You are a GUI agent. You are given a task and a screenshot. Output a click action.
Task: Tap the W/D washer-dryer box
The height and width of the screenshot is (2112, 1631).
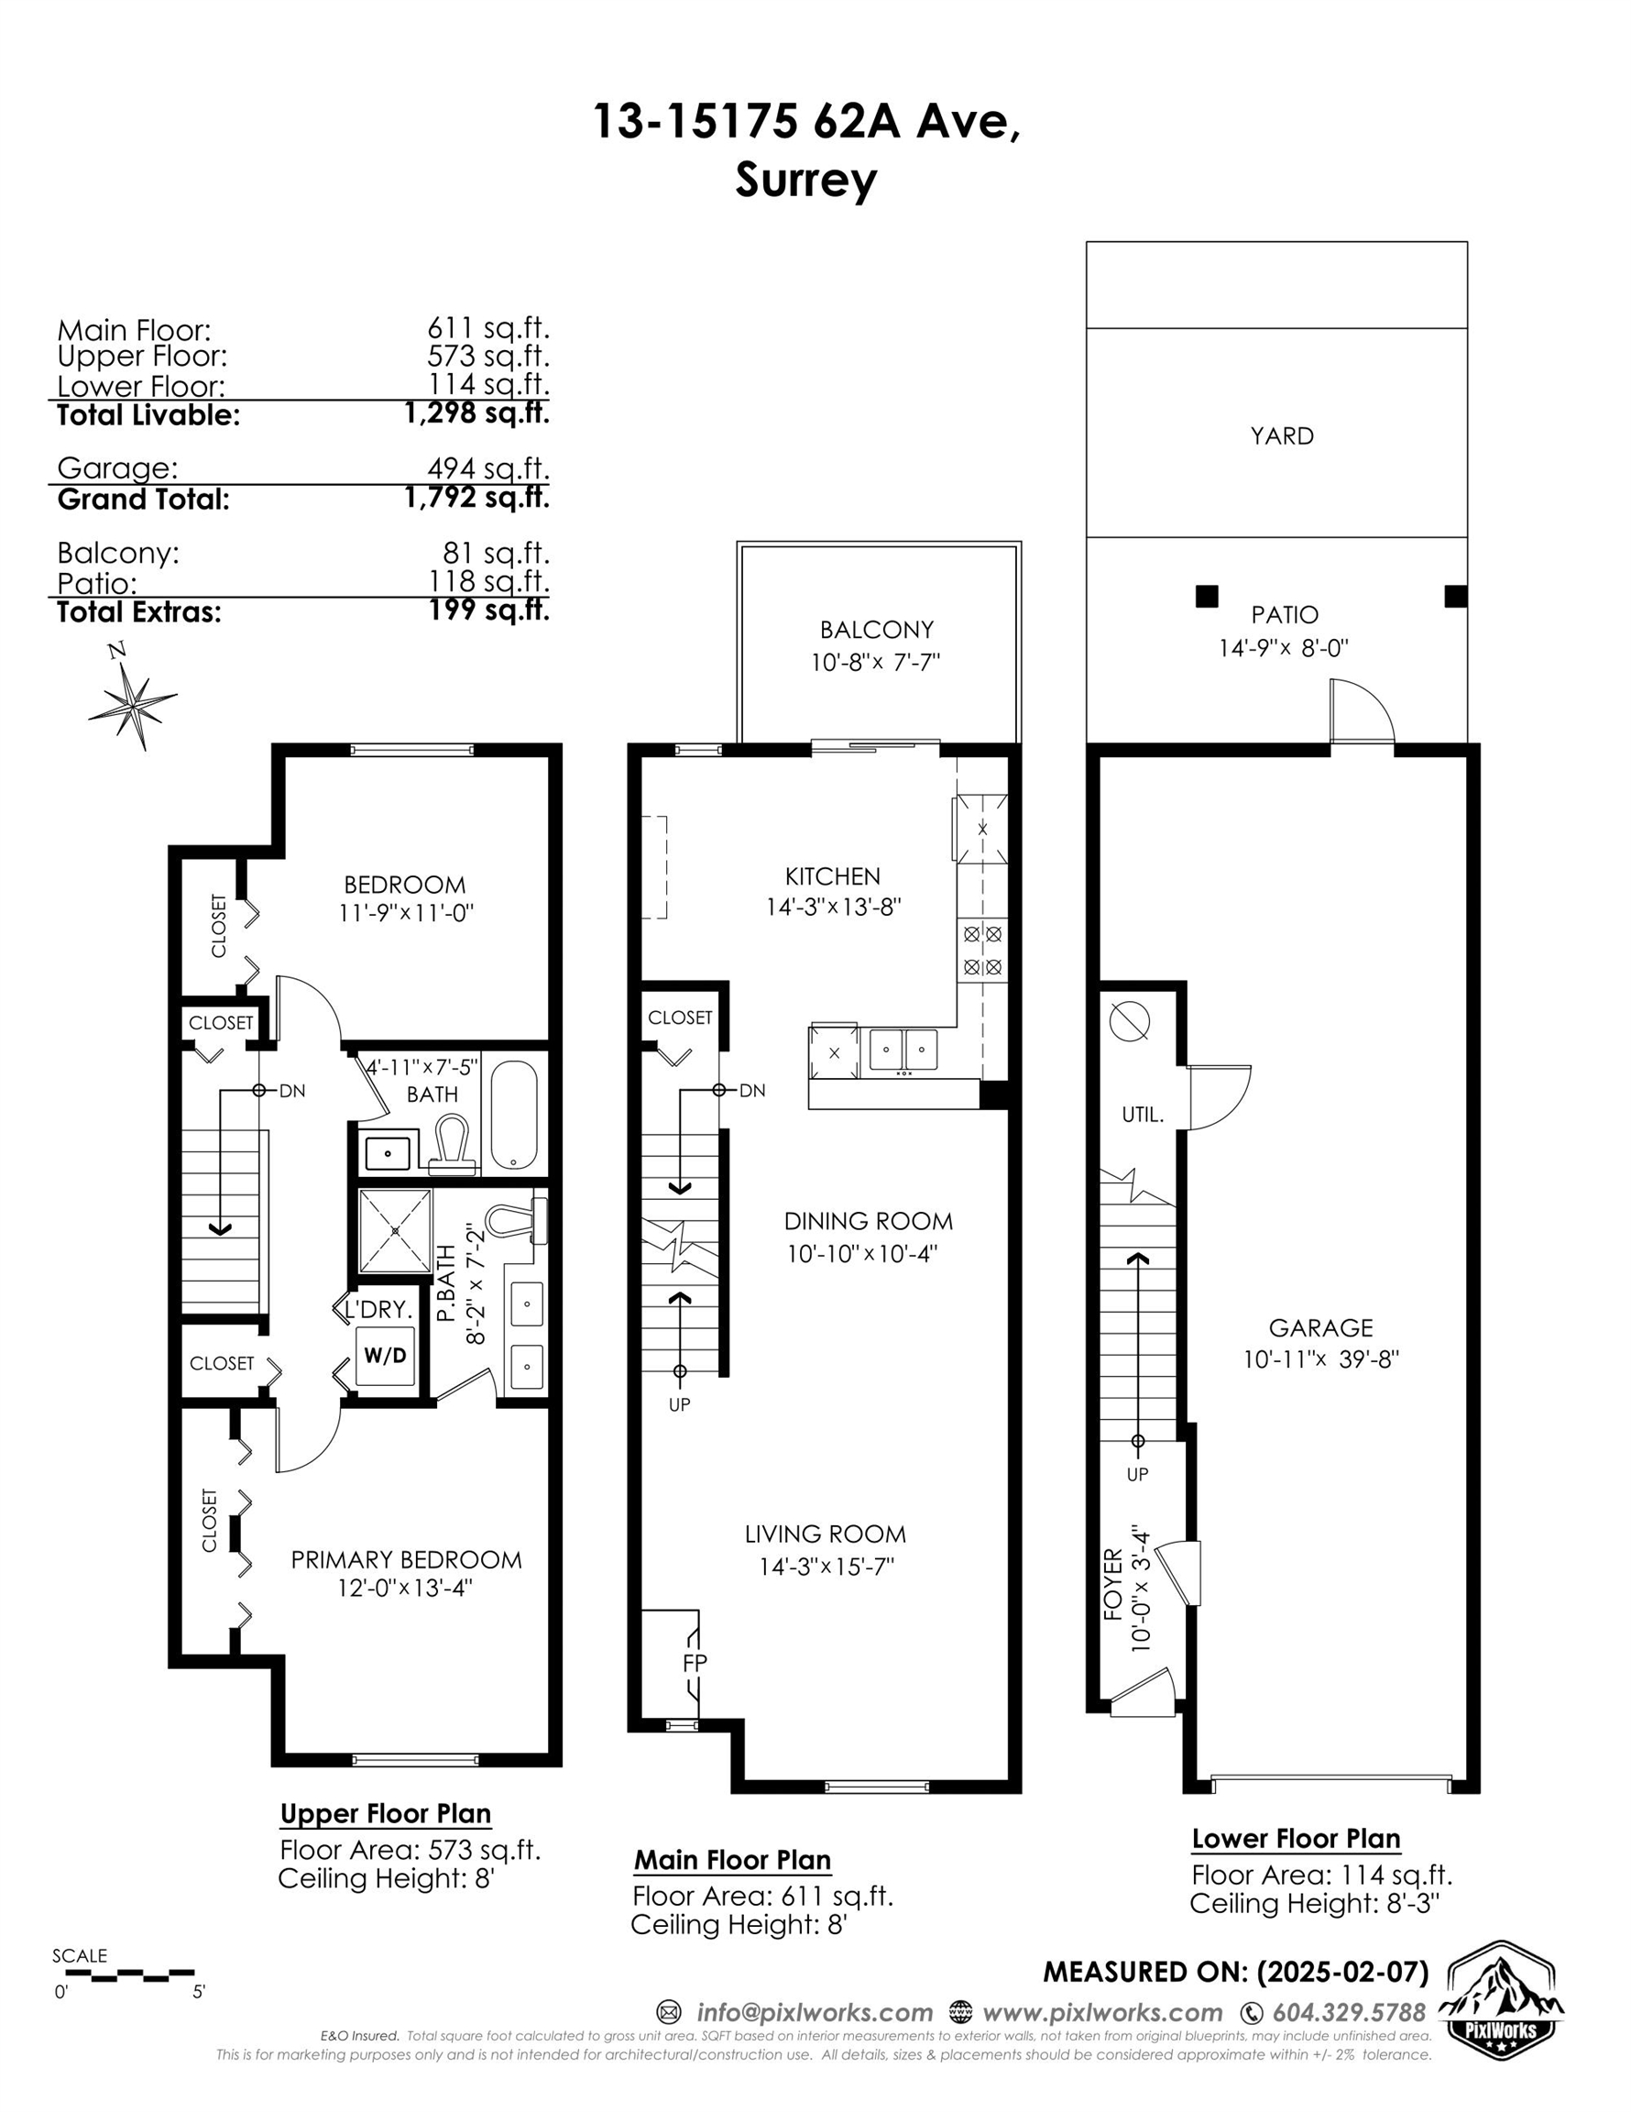385,1355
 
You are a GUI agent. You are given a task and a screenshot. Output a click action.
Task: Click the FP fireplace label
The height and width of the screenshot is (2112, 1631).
695,1662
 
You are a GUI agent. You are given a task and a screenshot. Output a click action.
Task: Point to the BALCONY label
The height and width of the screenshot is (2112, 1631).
877,630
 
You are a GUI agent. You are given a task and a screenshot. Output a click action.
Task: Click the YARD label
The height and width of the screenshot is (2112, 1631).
1282,436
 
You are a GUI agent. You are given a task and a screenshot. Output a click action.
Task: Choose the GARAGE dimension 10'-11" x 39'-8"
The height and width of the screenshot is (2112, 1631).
1320,1359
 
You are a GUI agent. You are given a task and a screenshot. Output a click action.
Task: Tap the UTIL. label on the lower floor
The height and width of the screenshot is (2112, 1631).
1142,1115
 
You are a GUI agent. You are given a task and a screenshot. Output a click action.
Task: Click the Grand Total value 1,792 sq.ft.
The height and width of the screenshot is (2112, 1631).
477,497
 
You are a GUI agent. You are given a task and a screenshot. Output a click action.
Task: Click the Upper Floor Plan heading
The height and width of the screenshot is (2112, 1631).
386,1813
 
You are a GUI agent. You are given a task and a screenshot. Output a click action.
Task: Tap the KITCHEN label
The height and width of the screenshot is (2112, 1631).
832,877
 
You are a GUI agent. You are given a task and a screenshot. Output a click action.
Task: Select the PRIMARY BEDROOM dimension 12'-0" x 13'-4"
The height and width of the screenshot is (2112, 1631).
405,1588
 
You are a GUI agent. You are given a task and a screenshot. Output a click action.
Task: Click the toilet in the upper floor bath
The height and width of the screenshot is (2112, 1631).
451,1143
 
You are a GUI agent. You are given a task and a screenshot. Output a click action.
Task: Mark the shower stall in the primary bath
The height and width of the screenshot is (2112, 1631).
396,1231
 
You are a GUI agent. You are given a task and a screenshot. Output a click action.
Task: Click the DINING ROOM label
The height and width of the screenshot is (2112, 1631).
869,1221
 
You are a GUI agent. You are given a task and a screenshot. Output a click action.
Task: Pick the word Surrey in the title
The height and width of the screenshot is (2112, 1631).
805,181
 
